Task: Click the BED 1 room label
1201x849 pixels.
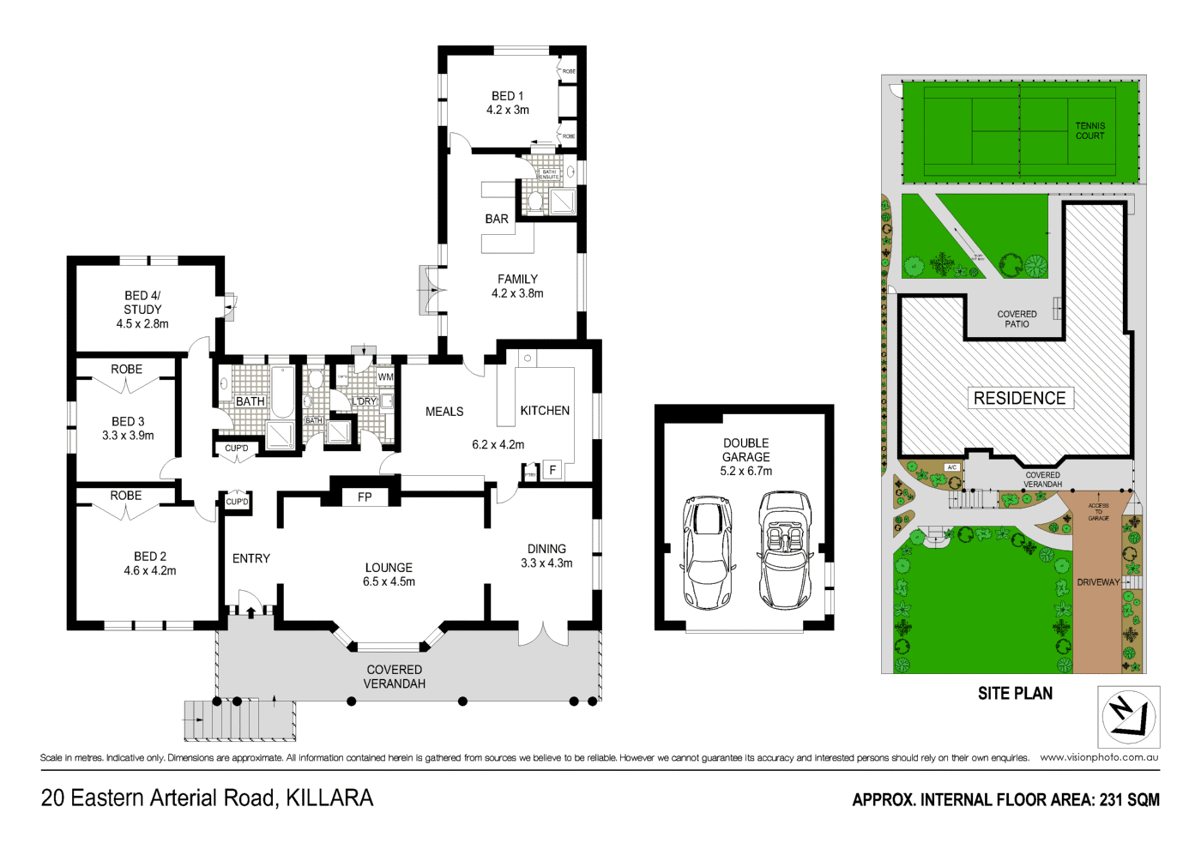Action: coord(507,96)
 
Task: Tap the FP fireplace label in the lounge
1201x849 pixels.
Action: coord(365,497)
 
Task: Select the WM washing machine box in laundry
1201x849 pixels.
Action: coord(385,376)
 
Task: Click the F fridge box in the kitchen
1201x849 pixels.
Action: coord(552,470)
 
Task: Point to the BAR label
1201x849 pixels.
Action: coord(497,219)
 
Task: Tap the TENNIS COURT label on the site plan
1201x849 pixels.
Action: coord(1090,130)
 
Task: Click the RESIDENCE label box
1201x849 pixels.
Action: coord(1019,398)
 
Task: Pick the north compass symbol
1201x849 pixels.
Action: coord(1128,717)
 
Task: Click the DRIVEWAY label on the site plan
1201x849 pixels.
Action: coord(1098,582)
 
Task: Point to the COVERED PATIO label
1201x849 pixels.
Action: coord(1017,319)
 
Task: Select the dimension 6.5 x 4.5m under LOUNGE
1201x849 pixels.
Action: coord(389,581)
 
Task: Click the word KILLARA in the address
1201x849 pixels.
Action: coord(329,798)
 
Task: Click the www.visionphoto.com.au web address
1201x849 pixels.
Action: coord(1099,757)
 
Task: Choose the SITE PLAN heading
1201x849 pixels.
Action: coord(1015,693)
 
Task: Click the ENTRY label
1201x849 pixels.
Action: coord(251,558)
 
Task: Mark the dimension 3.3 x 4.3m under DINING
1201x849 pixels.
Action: coord(546,563)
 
